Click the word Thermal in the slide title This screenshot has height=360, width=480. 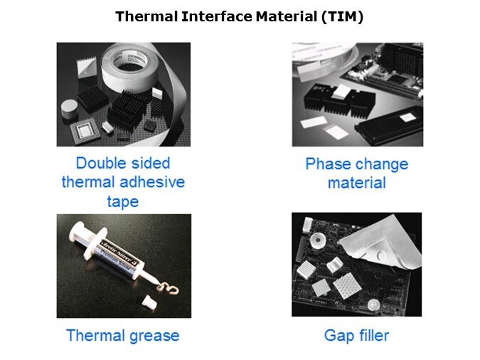(x=146, y=16)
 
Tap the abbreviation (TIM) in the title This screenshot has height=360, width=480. (x=343, y=16)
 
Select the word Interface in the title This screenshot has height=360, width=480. (x=217, y=16)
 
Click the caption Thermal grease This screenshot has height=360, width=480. (x=123, y=336)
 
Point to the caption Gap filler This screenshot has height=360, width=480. (x=357, y=336)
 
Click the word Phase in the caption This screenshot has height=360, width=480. (x=329, y=164)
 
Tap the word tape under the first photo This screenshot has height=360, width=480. (x=123, y=201)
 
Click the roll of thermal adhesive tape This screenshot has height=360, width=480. (x=128, y=68)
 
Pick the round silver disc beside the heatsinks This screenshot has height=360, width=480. (x=70, y=109)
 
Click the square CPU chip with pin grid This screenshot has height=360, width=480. (x=85, y=131)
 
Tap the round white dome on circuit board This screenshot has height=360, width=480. (x=374, y=305)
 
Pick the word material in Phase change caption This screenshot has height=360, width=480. (x=357, y=183)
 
